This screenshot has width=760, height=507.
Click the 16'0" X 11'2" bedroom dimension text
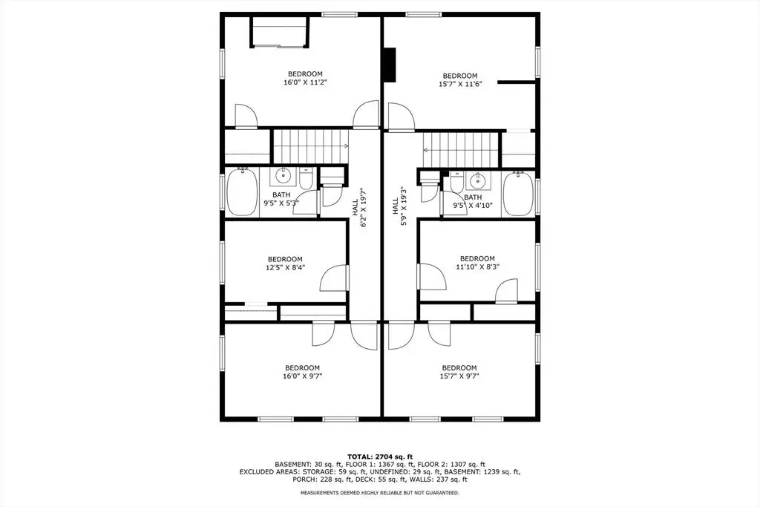[305, 82]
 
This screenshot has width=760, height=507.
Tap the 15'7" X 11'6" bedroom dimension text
[460, 84]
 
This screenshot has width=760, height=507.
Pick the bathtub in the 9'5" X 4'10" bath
[518, 194]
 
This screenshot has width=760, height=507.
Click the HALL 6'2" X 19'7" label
[358, 208]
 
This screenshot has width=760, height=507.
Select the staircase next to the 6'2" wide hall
[311, 146]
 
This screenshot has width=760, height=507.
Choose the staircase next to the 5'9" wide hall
[460, 150]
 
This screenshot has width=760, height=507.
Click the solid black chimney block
[390, 65]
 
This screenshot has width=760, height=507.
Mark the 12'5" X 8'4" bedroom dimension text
[285, 267]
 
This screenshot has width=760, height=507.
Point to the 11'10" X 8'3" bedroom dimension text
[477, 266]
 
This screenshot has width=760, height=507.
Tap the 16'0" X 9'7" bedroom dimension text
[302, 376]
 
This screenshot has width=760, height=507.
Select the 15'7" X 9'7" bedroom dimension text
[459, 376]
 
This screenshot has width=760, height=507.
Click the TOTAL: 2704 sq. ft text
[380, 457]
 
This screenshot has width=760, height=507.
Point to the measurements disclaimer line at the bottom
[380, 493]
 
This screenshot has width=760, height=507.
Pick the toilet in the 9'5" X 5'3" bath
[305, 180]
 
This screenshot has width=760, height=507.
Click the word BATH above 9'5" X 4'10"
[473, 197]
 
